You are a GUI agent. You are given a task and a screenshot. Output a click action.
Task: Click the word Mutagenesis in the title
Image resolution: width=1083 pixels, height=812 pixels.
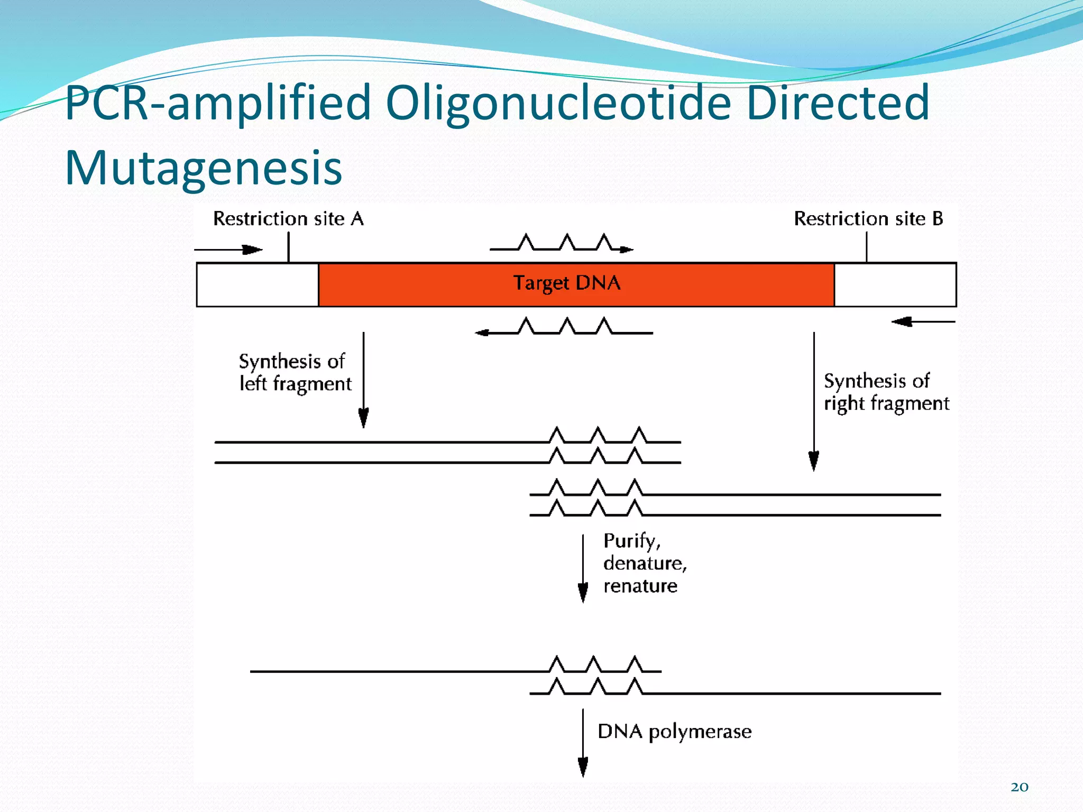pyautogui.click(x=204, y=168)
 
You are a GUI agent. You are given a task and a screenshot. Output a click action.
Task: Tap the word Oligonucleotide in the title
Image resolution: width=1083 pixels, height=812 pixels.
pyautogui.click(x=558, y=103)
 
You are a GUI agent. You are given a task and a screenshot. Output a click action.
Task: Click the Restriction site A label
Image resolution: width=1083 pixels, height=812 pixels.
pyautogui.click(x=288, y=218)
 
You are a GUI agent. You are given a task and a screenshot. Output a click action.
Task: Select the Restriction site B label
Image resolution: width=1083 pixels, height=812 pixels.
pyautogui.click(x=868, y=218)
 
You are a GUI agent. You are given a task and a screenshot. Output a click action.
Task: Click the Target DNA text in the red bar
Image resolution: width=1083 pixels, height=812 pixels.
pyautogui.click(x=566, y=283)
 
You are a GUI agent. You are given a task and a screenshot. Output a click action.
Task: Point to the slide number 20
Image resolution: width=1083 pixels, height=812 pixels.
pyautogui.click(x=1019, y=787)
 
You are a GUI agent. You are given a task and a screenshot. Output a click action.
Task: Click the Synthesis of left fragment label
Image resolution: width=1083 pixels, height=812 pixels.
pyautogui.click(x=295, y=372)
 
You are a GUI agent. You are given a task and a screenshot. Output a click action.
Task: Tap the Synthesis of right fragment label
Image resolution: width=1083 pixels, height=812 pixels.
pyautogui.click(x=886, y=392)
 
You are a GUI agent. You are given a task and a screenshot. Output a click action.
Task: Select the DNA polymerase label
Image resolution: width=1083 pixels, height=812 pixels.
pyautogui.click(x=674, y=731)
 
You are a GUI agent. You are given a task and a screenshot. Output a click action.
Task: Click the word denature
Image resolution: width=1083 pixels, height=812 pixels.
pyautogui.click(x=645, y=564)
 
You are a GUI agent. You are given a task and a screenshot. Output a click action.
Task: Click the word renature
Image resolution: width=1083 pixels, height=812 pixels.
pyautogui.click(x=640, y=586)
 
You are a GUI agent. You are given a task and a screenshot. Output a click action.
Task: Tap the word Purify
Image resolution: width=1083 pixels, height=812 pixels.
pyautogui.click(x=631, y=541)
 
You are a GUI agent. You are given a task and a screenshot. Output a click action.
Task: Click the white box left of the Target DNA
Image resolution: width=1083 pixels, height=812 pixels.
pyautogui.click(x=258, y=284)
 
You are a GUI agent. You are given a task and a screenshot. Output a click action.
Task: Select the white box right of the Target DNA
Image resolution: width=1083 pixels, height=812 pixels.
pyautogui.click(x=895, y=284)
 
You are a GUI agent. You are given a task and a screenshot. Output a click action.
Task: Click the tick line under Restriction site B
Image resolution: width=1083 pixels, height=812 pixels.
pyautogui.click(x=866, y=247)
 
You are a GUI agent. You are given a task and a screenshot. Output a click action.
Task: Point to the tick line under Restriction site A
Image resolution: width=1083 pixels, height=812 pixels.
pyautogui.click(x=288, y=247)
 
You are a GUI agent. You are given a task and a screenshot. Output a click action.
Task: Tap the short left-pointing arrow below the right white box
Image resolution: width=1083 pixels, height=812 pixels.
pyautogui.click(x=923, y=321)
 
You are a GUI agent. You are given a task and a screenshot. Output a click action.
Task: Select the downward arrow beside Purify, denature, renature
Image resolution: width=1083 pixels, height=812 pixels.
pyautogui.click(x=583, y=568)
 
